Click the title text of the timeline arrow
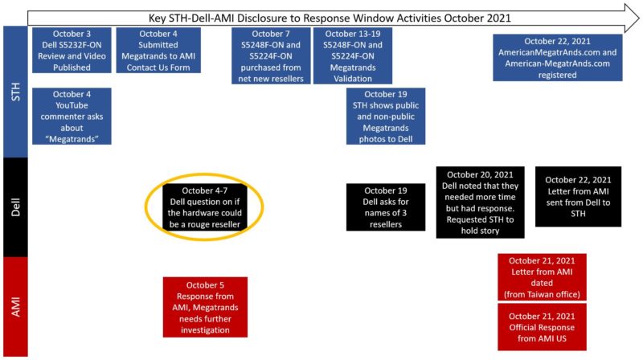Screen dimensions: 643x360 click(x=330, y=18)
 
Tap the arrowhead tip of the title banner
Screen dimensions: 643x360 click(x=639, y=18)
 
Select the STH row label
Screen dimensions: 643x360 click(x=15, y=92)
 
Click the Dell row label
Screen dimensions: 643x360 click(x=15, y=207)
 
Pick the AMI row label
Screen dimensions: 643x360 click(x=15, y=307)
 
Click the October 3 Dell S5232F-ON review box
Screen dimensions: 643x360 click(x=72, y=51)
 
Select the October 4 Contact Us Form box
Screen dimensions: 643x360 click(x=158, y=51)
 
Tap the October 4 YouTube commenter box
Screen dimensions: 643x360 click(x=72, y=116)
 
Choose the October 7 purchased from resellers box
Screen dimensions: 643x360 click(x=271, y=55)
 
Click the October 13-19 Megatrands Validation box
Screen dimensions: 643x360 click(x=353, y=55)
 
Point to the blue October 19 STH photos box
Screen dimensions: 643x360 click(x=386, y=116)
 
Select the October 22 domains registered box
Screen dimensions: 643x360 click(x=557, y=58)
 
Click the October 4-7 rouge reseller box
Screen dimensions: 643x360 click(x=205, y=207)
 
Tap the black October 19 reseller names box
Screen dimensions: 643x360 click(x=386, y=207)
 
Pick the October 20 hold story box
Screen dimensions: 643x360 click(x=480, y=202)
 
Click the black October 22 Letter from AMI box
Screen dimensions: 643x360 click(x=578, y=196)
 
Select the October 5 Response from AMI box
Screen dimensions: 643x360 click(x=205, y=307)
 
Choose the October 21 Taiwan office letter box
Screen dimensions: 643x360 click(x=542, y=277)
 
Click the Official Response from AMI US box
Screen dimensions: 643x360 click(x=542, y=327)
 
